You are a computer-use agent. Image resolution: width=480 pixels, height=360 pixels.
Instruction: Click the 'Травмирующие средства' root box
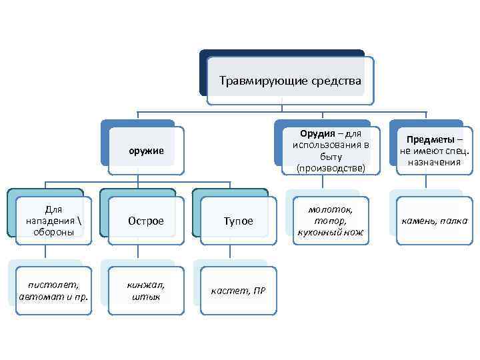coord(290,81)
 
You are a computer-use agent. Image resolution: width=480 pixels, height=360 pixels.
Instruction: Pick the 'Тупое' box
coord(238,221)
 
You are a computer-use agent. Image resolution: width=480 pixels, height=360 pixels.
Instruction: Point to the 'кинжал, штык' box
coord(146,290)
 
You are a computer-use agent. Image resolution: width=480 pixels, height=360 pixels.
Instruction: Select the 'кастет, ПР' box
coord(238,291)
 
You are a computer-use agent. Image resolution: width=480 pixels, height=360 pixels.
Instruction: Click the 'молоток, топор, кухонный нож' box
coord(331,220)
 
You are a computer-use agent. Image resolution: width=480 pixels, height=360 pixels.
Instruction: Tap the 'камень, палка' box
coord(434,221)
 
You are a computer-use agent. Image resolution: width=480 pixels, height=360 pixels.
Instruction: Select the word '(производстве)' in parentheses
coord(331,169)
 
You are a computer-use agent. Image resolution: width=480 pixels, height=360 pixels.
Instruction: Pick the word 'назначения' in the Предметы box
coord(435,162)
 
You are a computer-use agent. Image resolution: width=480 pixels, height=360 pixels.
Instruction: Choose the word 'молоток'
coord(331,209)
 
